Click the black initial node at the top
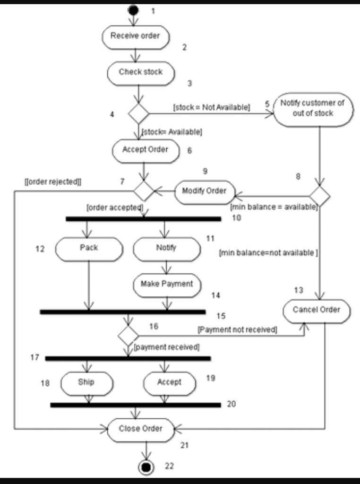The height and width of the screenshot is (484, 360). tap(133, 10)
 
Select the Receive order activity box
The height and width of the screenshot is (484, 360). tap(136, 37)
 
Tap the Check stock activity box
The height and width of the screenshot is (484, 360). tap(141, 73)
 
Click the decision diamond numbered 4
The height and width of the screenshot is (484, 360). tap(138, 113)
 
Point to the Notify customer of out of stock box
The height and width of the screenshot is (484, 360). tap(313, 109)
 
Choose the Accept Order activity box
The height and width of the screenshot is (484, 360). tap(146, 151)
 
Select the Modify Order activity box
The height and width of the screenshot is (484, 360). tap(205, 192)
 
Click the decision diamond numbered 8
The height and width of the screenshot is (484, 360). tap(319, 196)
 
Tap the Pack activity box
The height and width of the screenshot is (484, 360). tap(89, 249)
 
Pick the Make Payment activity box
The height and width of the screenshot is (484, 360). tap(167, 285)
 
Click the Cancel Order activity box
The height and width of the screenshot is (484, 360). tap(317, 311)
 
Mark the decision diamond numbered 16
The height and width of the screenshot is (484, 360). tap(129, 336)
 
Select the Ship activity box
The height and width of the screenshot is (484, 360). tap(87, 383)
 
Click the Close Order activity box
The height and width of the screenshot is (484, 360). tap(141, 430)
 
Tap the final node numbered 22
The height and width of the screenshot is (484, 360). tap(146, 467)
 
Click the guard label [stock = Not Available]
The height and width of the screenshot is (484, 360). tap(212, 107)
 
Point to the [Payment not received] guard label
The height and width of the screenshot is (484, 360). tap(237, 329)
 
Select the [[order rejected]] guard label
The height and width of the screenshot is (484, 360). tap(53, 181)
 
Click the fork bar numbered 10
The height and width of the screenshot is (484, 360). tap(144, 219)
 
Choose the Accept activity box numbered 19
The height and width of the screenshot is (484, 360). tap(169, 383)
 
